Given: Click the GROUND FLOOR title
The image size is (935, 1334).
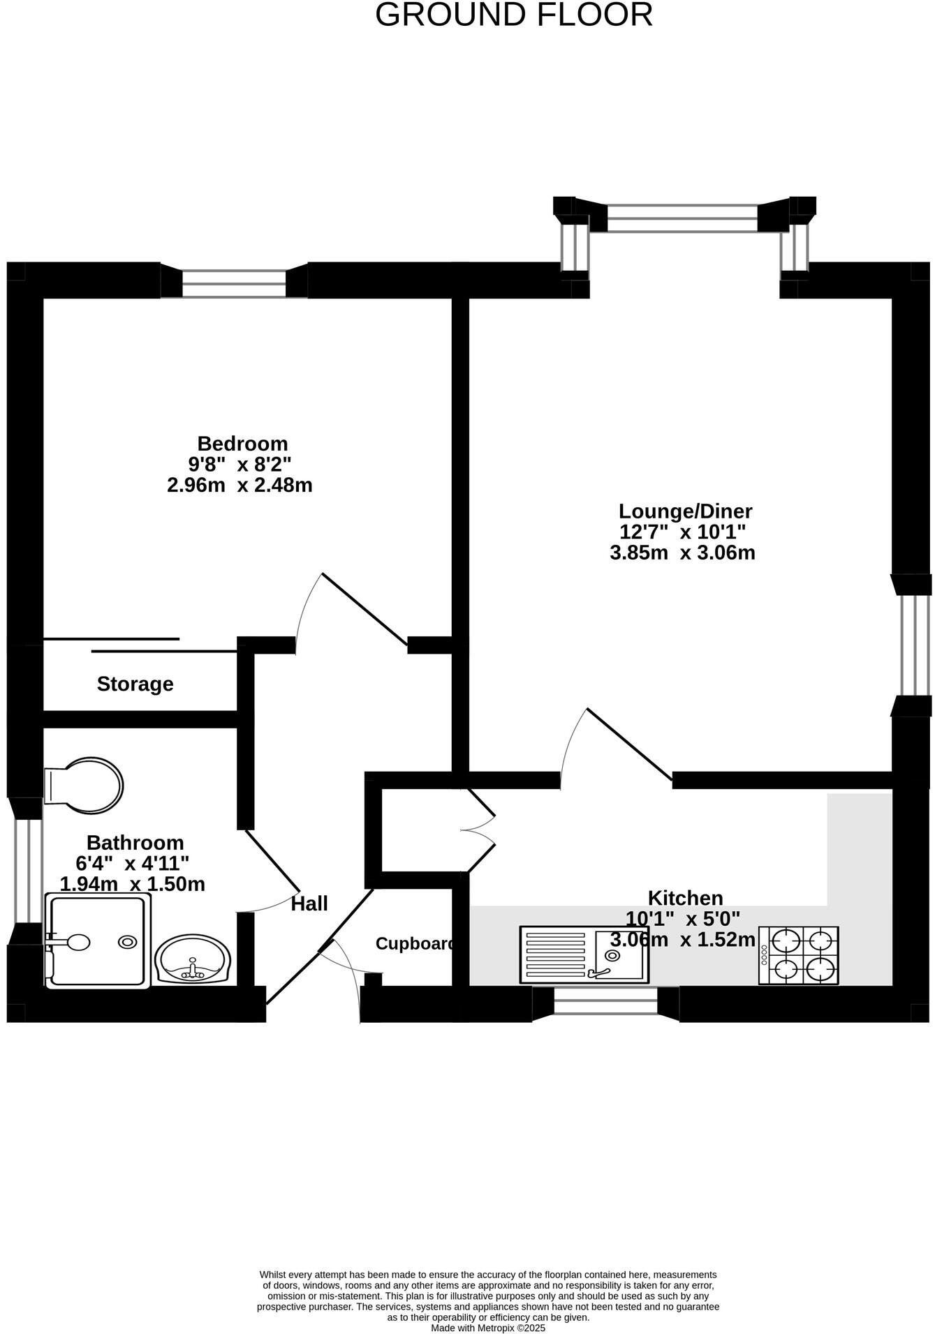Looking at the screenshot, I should pyautogui.click(x=514, y=15).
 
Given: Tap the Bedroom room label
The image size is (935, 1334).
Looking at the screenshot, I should pyautogui.click(x=242, y=444).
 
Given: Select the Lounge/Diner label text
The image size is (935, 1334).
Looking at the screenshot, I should pyautogui.click(x=685, y=511).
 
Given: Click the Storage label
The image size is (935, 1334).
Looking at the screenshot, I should pyautogui.click(x=135, y=684).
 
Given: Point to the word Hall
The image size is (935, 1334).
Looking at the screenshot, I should pyautogui.click(x=309, y=904).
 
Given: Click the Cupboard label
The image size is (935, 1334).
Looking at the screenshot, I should pyautogui.click(x=415, y=944).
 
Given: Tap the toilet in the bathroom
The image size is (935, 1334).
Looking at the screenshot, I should pyautogui.click(x=84, y=786).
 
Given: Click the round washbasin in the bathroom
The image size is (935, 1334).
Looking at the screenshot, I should pyautogui.click(x=192, y=961).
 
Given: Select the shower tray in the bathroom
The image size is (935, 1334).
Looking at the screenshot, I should pyautogui.click(x=98, y=941).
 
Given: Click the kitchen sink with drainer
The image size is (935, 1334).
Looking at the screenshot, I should pyautogui.click(x=584, y=954).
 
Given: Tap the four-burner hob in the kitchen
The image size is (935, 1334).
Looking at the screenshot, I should pyautogui.click(x=799, y=955).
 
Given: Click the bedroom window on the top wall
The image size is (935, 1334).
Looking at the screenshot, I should pyautogui.click(x=234, y=284).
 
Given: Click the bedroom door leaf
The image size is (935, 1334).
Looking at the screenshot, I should pyautogui.click(x=364, y=609).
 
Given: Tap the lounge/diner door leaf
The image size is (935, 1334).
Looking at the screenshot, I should pyautogui.click(x=629, y=744).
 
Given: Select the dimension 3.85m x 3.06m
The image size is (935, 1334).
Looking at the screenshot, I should pyautogui.click(x=682, y=553).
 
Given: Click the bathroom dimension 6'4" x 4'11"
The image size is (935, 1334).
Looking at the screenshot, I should pyautogui.click(x=133, y=864).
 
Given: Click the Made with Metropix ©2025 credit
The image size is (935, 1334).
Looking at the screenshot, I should pyautogui.click(x=487, y=1328).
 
